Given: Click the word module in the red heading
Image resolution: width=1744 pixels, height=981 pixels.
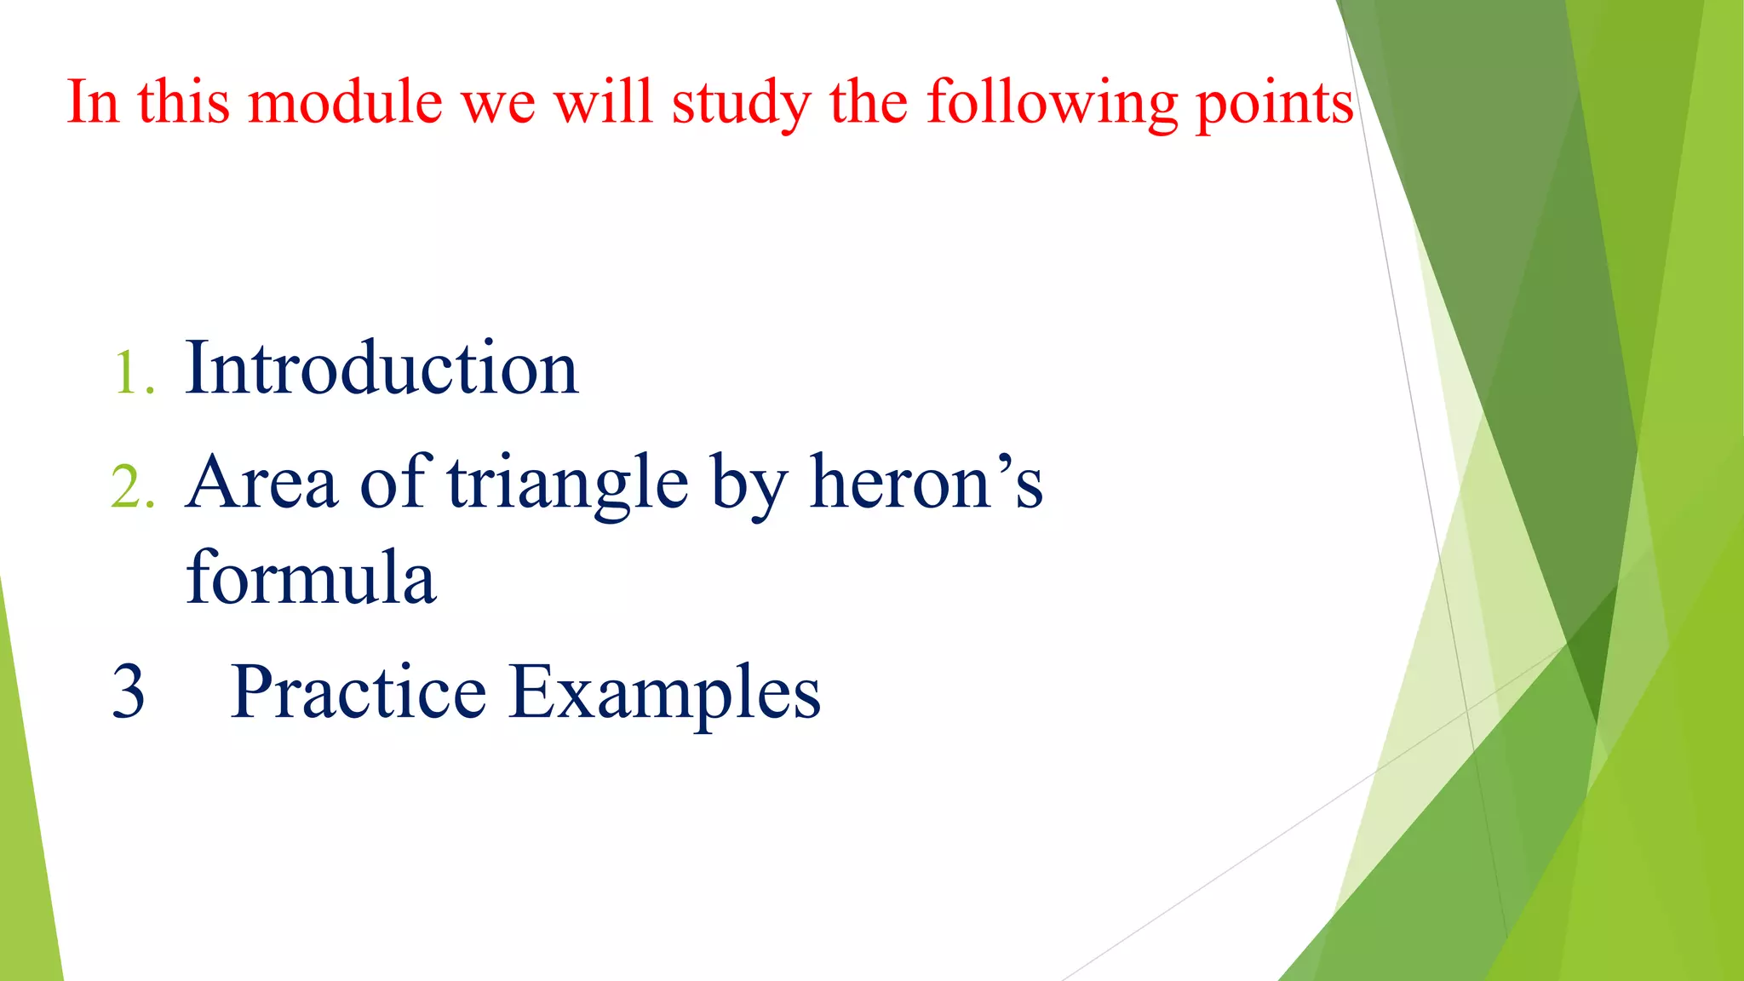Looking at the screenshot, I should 345,102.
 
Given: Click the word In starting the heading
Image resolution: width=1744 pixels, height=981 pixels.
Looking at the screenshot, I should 92,102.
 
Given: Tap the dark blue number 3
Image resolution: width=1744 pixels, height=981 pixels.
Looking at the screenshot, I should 129,691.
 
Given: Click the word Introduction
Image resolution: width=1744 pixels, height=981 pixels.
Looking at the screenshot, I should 381,368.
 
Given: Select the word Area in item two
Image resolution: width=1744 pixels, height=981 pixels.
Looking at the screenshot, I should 262,483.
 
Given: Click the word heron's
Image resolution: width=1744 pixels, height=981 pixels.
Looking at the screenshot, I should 926,483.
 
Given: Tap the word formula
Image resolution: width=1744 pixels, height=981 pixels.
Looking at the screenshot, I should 311,577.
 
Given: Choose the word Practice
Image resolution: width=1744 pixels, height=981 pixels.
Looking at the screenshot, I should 359,691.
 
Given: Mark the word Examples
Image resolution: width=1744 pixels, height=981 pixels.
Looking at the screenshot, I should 665,693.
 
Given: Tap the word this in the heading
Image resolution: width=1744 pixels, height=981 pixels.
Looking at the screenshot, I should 183,102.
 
